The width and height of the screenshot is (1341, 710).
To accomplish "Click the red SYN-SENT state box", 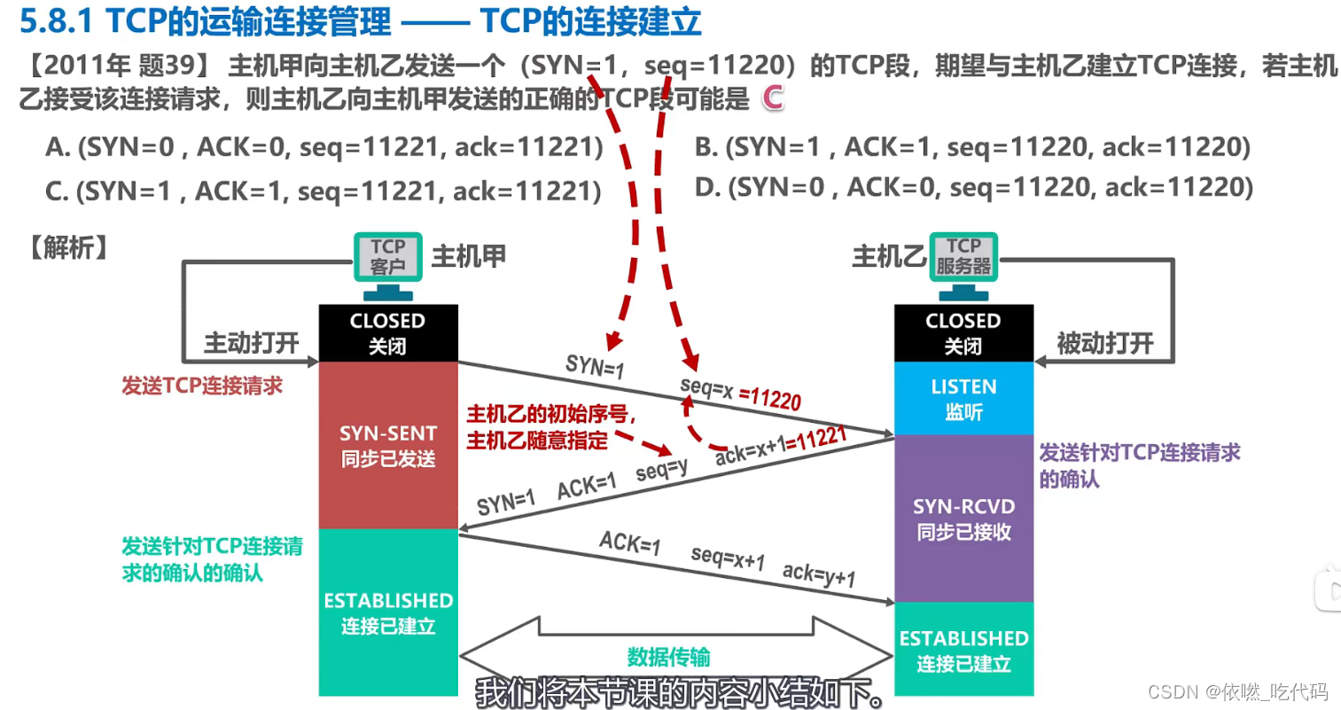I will (388, 445).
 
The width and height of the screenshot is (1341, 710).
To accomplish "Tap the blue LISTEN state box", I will (963, 398).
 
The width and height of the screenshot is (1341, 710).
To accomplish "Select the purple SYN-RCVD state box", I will (963, 519).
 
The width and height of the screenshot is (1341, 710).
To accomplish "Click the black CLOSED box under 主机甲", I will (388, 332).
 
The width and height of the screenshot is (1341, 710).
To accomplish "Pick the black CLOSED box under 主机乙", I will (963, 332).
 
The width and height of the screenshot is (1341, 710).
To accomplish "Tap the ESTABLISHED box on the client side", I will (388, 612).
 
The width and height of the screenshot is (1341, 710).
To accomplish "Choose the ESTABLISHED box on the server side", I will (963, 650).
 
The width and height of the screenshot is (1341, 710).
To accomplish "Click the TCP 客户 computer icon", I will (388, 262).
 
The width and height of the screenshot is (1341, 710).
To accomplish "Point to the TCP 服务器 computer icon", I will (963, 262).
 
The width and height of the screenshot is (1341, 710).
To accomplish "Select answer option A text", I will (324, 147).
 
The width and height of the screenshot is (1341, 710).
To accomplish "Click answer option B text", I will (972, 147).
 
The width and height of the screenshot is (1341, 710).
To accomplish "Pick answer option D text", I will (973, 187).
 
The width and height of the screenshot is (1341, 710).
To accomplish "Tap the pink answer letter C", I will (773, 98).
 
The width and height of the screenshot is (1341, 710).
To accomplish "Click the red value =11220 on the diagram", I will (770, 398).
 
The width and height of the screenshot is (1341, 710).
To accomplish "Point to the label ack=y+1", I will (819, 574).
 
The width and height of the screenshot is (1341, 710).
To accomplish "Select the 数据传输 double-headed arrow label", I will (668, 657).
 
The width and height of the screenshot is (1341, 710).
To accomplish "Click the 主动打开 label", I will (252, 343).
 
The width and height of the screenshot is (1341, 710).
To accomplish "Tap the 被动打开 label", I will (1105, 343).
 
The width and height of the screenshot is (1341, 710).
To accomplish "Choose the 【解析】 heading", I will (68, 247).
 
